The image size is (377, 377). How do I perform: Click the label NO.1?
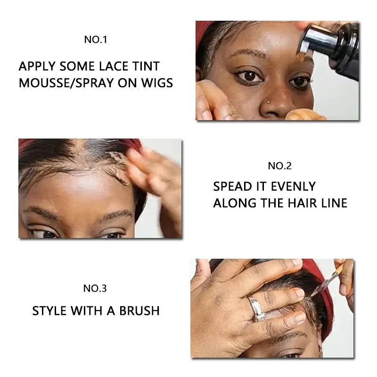coord(96,40)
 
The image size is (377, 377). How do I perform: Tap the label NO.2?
coord(280,165)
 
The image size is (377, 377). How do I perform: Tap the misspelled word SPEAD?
coord(233,187)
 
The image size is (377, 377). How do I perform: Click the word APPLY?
coord(38,66)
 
